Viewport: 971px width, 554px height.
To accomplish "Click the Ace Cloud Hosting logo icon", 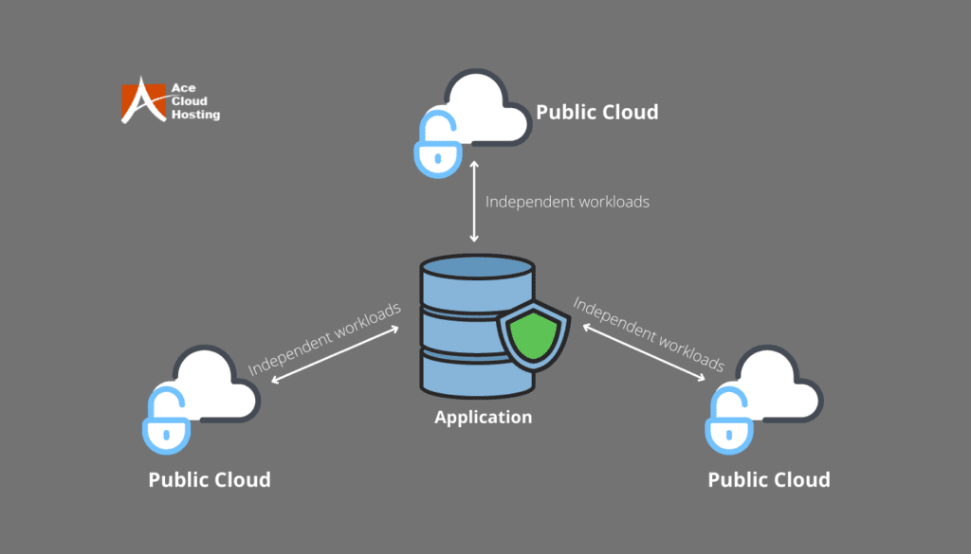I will (x=142, y=100).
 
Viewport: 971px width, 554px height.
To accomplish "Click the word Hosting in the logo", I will (x=195, y=115).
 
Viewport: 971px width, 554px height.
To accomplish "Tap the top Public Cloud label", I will (x=596, y=112).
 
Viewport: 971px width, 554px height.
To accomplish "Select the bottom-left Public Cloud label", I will (x=209, y=479).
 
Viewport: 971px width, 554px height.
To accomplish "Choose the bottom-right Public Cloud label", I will (x=768, y=479).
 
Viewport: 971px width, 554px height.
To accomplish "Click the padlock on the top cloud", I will (x=437, y=151).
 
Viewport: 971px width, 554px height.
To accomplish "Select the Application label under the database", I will (x=483, y=417).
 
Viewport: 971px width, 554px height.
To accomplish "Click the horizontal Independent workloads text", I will (x=567, y=202).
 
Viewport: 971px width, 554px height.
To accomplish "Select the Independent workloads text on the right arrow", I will (x=649, y=334).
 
